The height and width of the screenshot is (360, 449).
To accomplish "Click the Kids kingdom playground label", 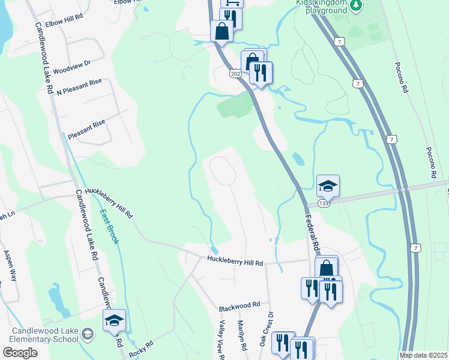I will tap(322, 7).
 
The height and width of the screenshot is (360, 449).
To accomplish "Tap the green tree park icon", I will tap(357, 5).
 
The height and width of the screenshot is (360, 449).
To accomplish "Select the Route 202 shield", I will tap(234, 73).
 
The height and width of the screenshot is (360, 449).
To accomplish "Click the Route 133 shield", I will tap(324, 204).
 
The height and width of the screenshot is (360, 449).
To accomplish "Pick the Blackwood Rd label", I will tap(239, 305).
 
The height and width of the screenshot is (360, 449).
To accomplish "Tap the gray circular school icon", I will tap(88, 334).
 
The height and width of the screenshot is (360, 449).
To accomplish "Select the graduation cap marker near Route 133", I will tap(328, 187).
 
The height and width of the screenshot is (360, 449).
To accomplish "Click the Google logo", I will tap(20, 353).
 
